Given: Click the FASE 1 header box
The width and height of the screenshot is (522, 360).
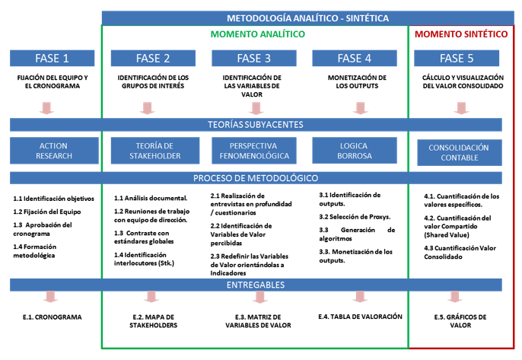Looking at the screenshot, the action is tap(53, 59).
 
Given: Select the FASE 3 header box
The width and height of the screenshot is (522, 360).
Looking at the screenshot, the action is tap(254, 59).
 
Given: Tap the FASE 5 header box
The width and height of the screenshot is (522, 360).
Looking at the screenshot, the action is tap(457, 59).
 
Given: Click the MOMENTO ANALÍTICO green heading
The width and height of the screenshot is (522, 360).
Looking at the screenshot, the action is tap(258, 34).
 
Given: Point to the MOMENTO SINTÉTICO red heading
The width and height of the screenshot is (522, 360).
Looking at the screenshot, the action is tap(461, 34).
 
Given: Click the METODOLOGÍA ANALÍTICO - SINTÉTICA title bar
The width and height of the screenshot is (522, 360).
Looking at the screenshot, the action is tap(308, 18).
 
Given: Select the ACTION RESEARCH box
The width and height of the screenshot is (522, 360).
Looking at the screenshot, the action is tap(54, 151).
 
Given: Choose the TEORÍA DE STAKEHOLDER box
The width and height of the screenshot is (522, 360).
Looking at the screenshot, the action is tap(155, 151).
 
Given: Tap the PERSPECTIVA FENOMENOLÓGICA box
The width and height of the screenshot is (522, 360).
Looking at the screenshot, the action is tap(254, 151).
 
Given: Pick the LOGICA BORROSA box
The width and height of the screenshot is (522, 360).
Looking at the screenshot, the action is tap(355, 151).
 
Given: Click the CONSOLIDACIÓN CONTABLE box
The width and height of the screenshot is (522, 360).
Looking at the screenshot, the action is tap(460, 152).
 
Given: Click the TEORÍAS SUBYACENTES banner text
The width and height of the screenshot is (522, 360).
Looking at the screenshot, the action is tap(256, 125).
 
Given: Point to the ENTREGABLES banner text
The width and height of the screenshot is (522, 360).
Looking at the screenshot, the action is tap(256, 285).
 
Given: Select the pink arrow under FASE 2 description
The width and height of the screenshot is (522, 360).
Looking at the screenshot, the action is tap(147, 108).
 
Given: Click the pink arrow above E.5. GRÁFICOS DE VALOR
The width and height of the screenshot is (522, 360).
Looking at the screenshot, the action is tap(455, 297).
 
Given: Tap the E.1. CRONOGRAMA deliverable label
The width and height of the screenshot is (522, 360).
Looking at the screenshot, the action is tap(53, 317).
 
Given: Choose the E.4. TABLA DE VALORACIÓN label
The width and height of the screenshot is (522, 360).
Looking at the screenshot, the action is tap(360, 317).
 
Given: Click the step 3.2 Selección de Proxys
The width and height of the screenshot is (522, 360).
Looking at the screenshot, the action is tap(355, 217).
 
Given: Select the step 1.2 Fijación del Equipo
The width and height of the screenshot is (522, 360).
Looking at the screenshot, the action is tap(47, 212).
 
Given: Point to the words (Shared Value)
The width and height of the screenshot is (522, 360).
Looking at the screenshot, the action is tap(447, 234).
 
